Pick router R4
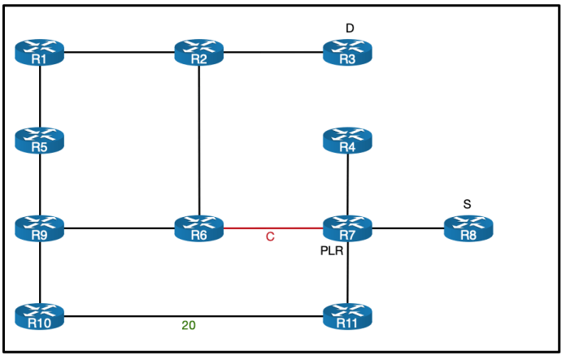tap(347, 141)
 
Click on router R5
tap(39, 141)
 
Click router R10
tap(39, 316)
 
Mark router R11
tap(347, 316)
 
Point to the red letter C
tap(270, 238)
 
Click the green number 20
tap(188, 326)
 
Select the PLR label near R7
tap(332, 251)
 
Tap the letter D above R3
tap(350, 28)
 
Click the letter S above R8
tap(467, 204)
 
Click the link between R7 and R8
tap(407, 228)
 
